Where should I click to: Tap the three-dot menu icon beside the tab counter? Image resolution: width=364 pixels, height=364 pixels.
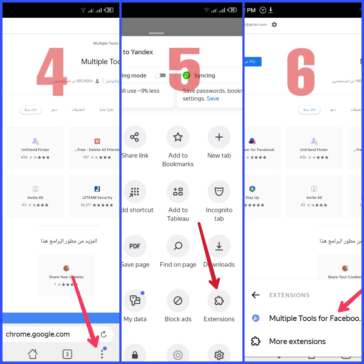tap(102, 354)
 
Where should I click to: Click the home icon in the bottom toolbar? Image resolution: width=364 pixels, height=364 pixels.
tap(33, 354)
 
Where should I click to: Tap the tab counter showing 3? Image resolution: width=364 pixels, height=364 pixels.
tap(67, 354)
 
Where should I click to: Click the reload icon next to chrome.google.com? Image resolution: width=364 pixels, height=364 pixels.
tap(103, 334)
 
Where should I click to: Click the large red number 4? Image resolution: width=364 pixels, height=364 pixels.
tap(52, 71)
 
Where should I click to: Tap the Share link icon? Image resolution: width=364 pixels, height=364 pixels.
tap(135, 137)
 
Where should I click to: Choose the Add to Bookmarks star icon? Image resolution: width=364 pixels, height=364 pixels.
tap(178, 137)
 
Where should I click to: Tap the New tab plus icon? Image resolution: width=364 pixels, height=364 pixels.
tap(219, 137)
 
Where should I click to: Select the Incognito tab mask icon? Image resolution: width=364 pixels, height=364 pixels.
tap(219, 192)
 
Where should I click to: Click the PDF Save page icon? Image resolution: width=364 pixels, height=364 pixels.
tap(135, 246)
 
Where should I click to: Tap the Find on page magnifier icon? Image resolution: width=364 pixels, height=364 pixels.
tap(178, 246)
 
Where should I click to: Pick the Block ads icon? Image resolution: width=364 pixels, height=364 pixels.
tap(178, 301)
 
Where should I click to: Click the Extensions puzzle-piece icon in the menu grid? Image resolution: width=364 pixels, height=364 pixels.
tap(219, 301)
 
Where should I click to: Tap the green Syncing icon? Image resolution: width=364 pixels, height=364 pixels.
tap(187, 75)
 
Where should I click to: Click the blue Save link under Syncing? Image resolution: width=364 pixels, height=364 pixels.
tap(213, 98)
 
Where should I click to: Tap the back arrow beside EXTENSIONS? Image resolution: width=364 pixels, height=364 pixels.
tap(256, 295)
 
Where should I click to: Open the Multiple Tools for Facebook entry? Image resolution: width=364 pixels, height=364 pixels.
tap(314, 318)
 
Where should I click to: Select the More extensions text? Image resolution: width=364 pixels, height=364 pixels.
tap(297, 341)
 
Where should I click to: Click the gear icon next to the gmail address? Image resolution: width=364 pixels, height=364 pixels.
tap(274, 25)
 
